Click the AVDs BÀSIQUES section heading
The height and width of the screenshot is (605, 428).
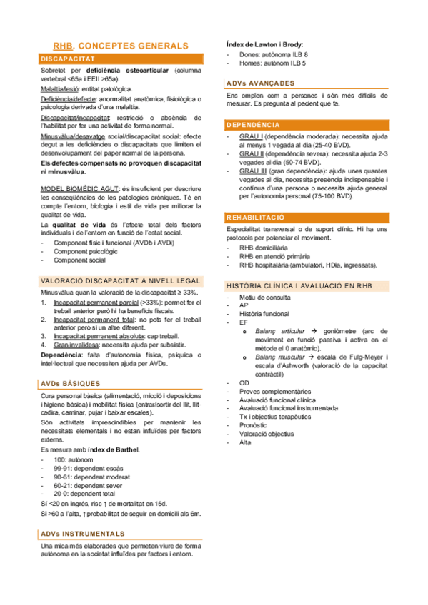69,383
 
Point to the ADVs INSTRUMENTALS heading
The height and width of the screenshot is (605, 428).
82,533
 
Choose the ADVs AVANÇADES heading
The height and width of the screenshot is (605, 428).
259,83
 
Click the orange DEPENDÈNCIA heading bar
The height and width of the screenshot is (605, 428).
253,124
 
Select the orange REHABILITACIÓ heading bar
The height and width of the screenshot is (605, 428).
255,217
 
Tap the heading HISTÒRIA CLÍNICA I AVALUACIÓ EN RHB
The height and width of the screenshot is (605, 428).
299,285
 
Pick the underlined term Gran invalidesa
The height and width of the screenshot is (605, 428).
78,344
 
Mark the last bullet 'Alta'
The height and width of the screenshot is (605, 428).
245,442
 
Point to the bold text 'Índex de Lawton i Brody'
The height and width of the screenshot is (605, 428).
263,44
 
